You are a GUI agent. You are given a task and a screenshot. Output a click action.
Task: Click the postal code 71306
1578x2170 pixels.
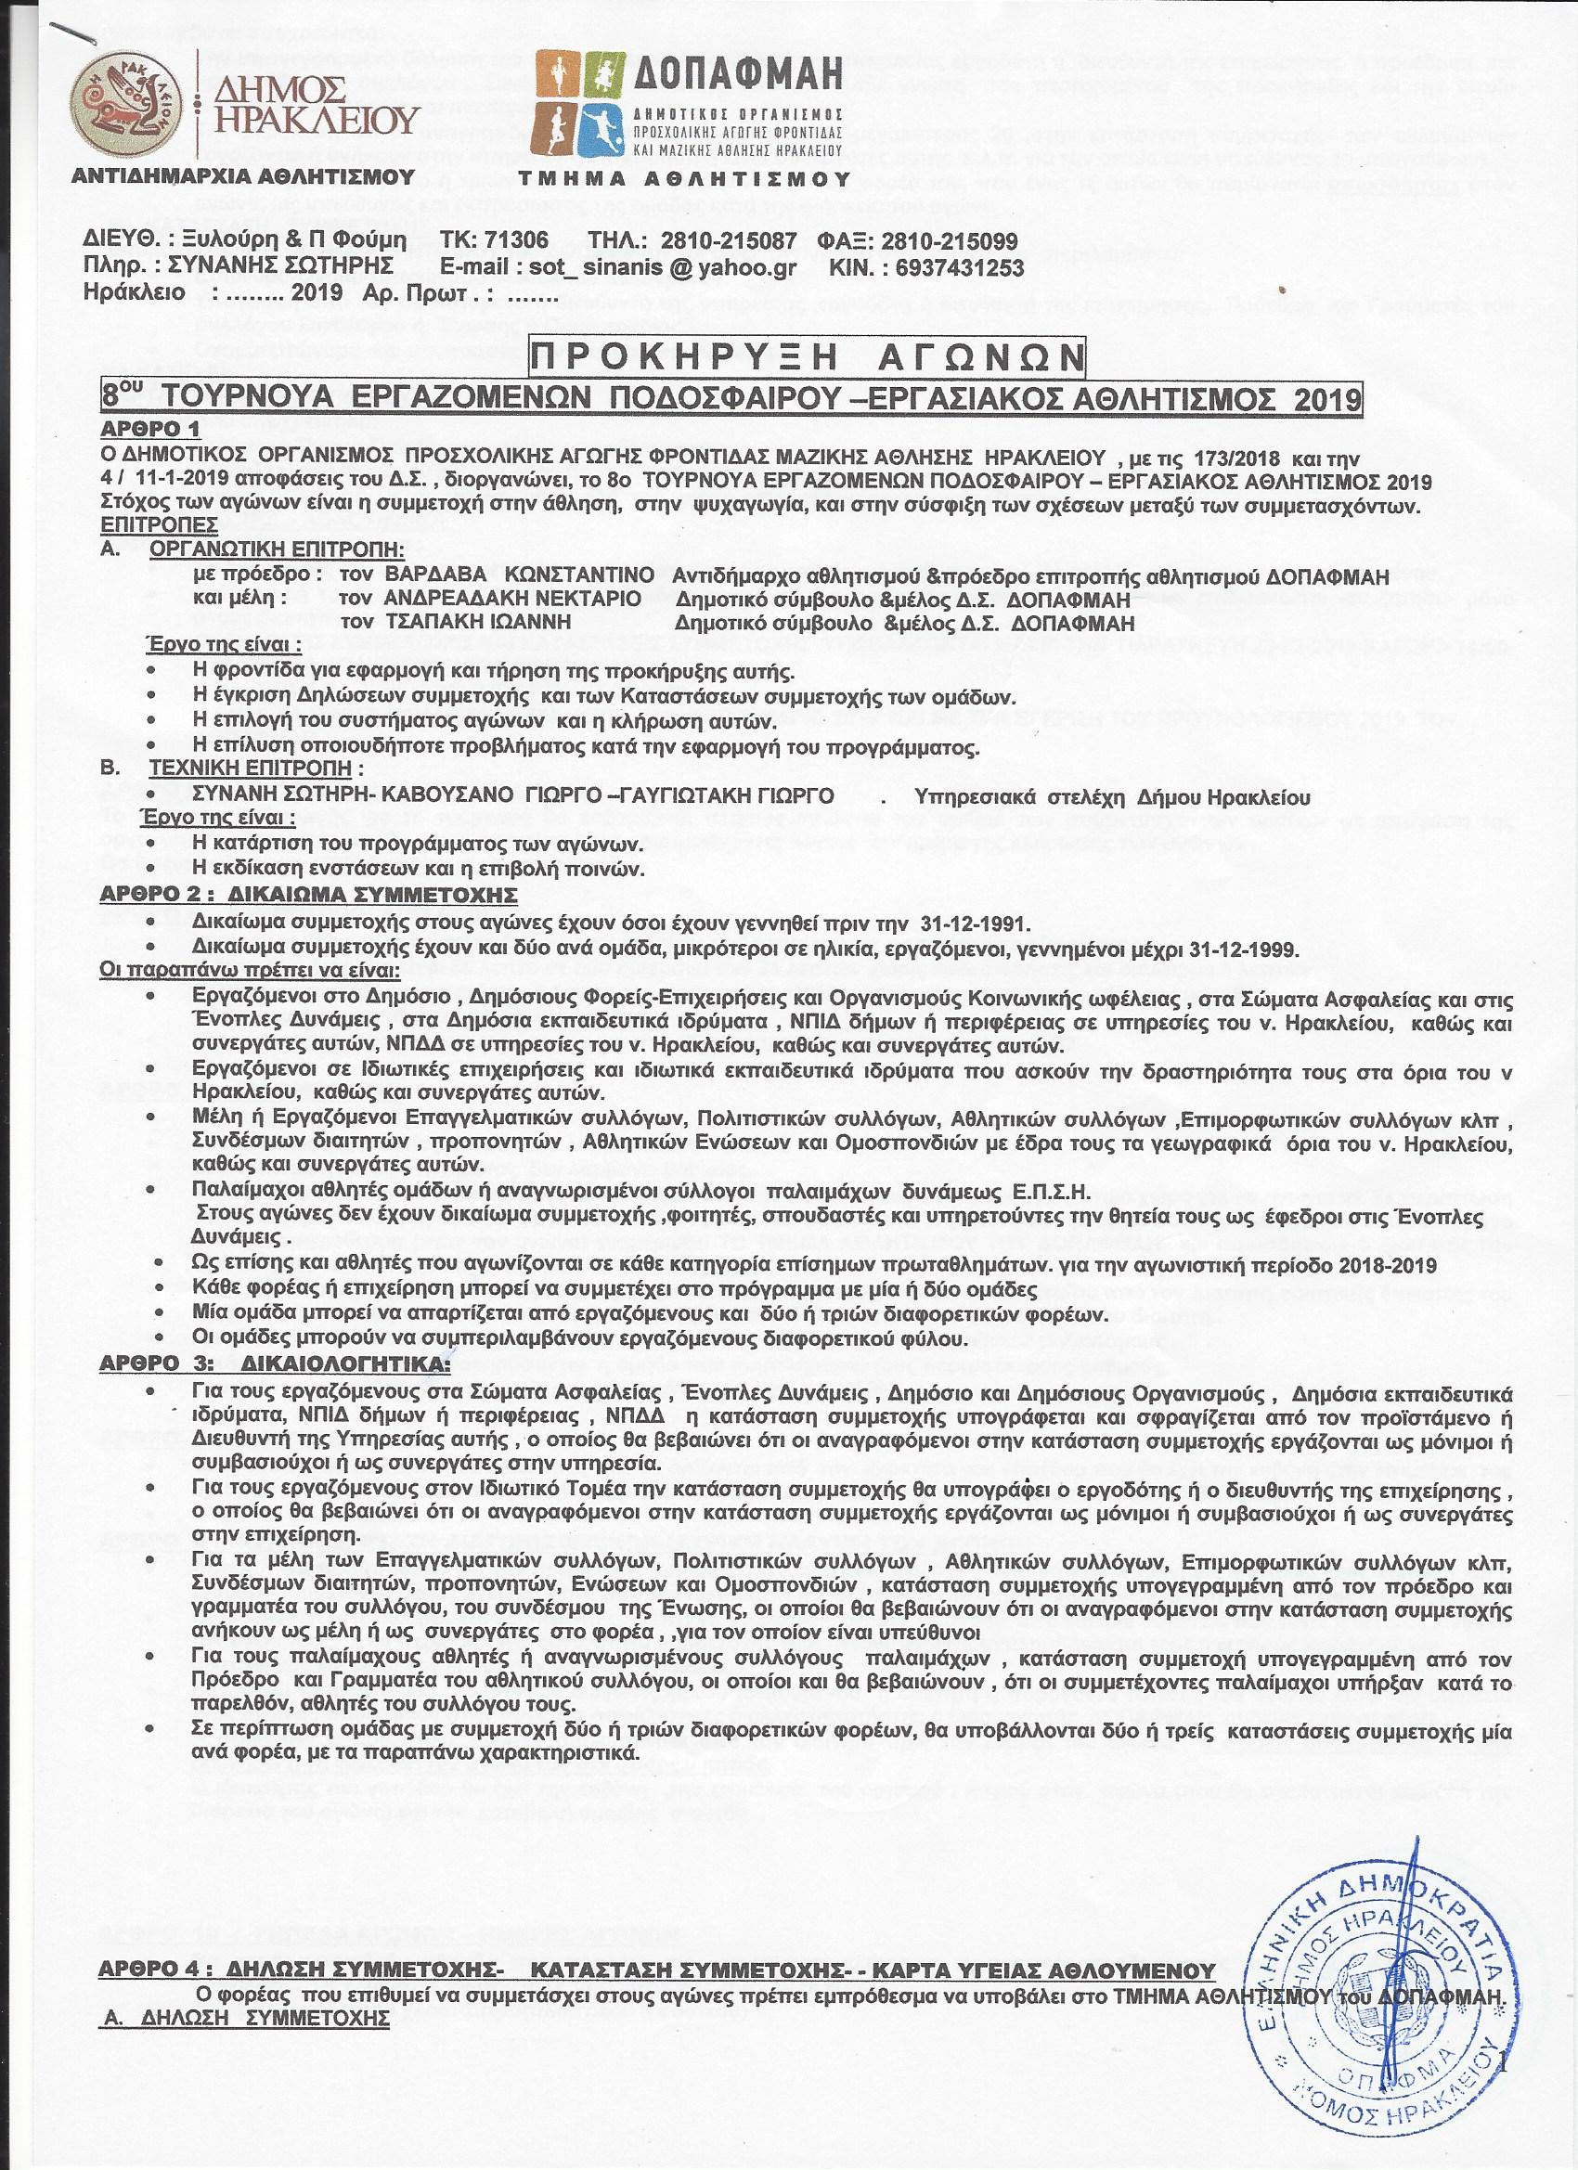coord(516,241)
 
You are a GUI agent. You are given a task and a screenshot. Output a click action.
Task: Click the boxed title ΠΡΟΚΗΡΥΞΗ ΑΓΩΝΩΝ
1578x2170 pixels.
coord(808,358)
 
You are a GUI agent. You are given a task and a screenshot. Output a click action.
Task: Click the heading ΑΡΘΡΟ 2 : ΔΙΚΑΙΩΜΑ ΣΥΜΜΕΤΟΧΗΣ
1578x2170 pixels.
coord(308,896)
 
